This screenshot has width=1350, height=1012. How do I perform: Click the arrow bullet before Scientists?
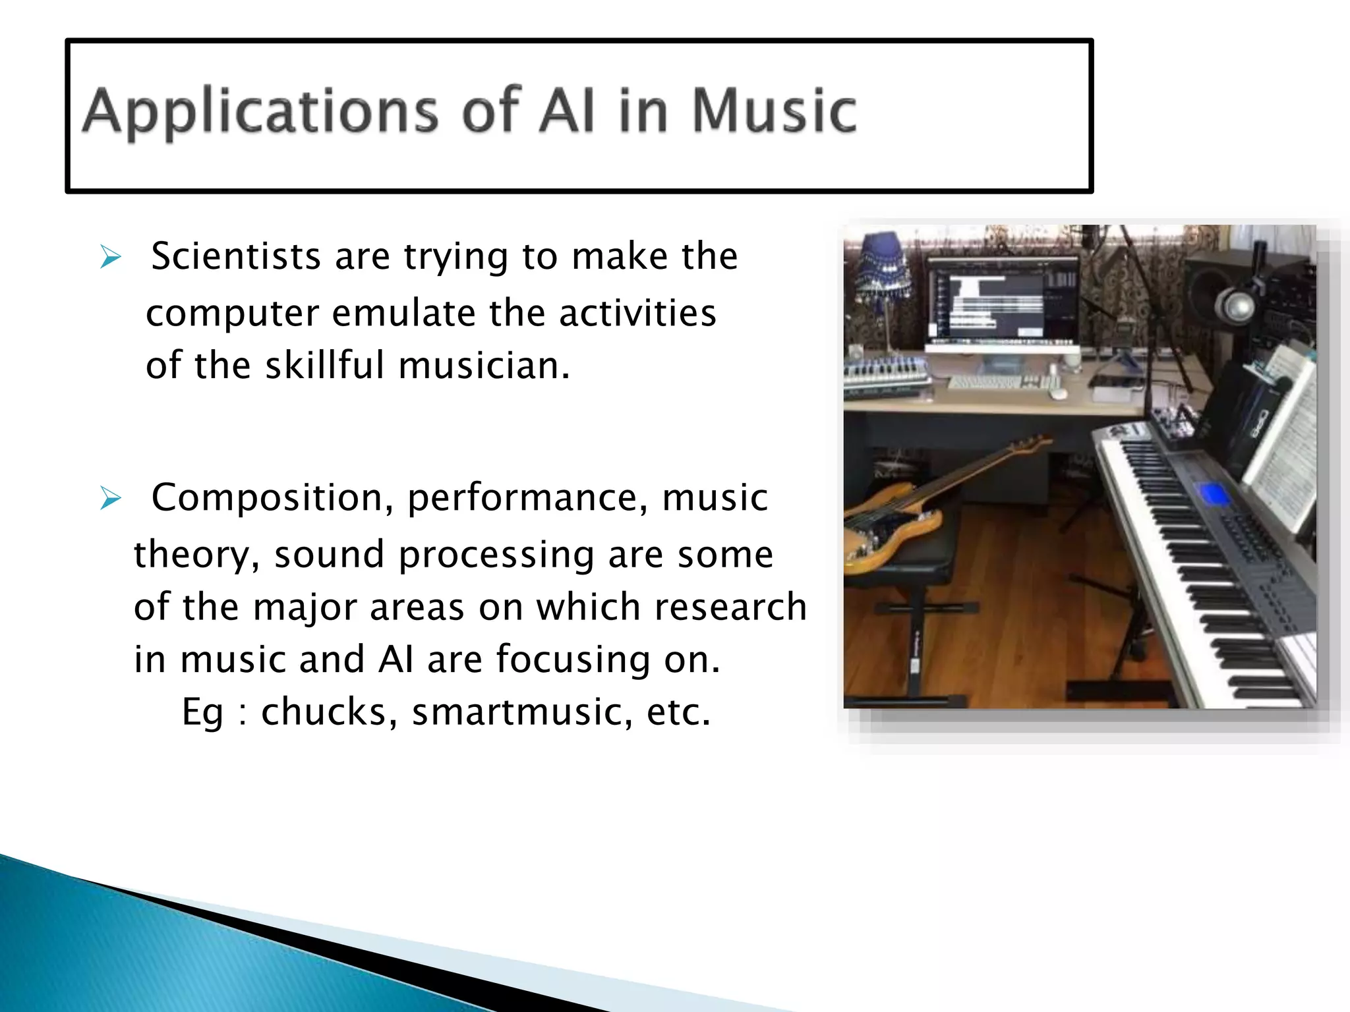tap(110, 257)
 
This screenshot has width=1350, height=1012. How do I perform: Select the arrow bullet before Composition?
tap(110, 499)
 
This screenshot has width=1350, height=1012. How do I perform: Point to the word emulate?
tap(403, 313)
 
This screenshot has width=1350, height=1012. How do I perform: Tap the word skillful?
tap(324, 366)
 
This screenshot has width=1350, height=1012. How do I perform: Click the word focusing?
tap(572, 660)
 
